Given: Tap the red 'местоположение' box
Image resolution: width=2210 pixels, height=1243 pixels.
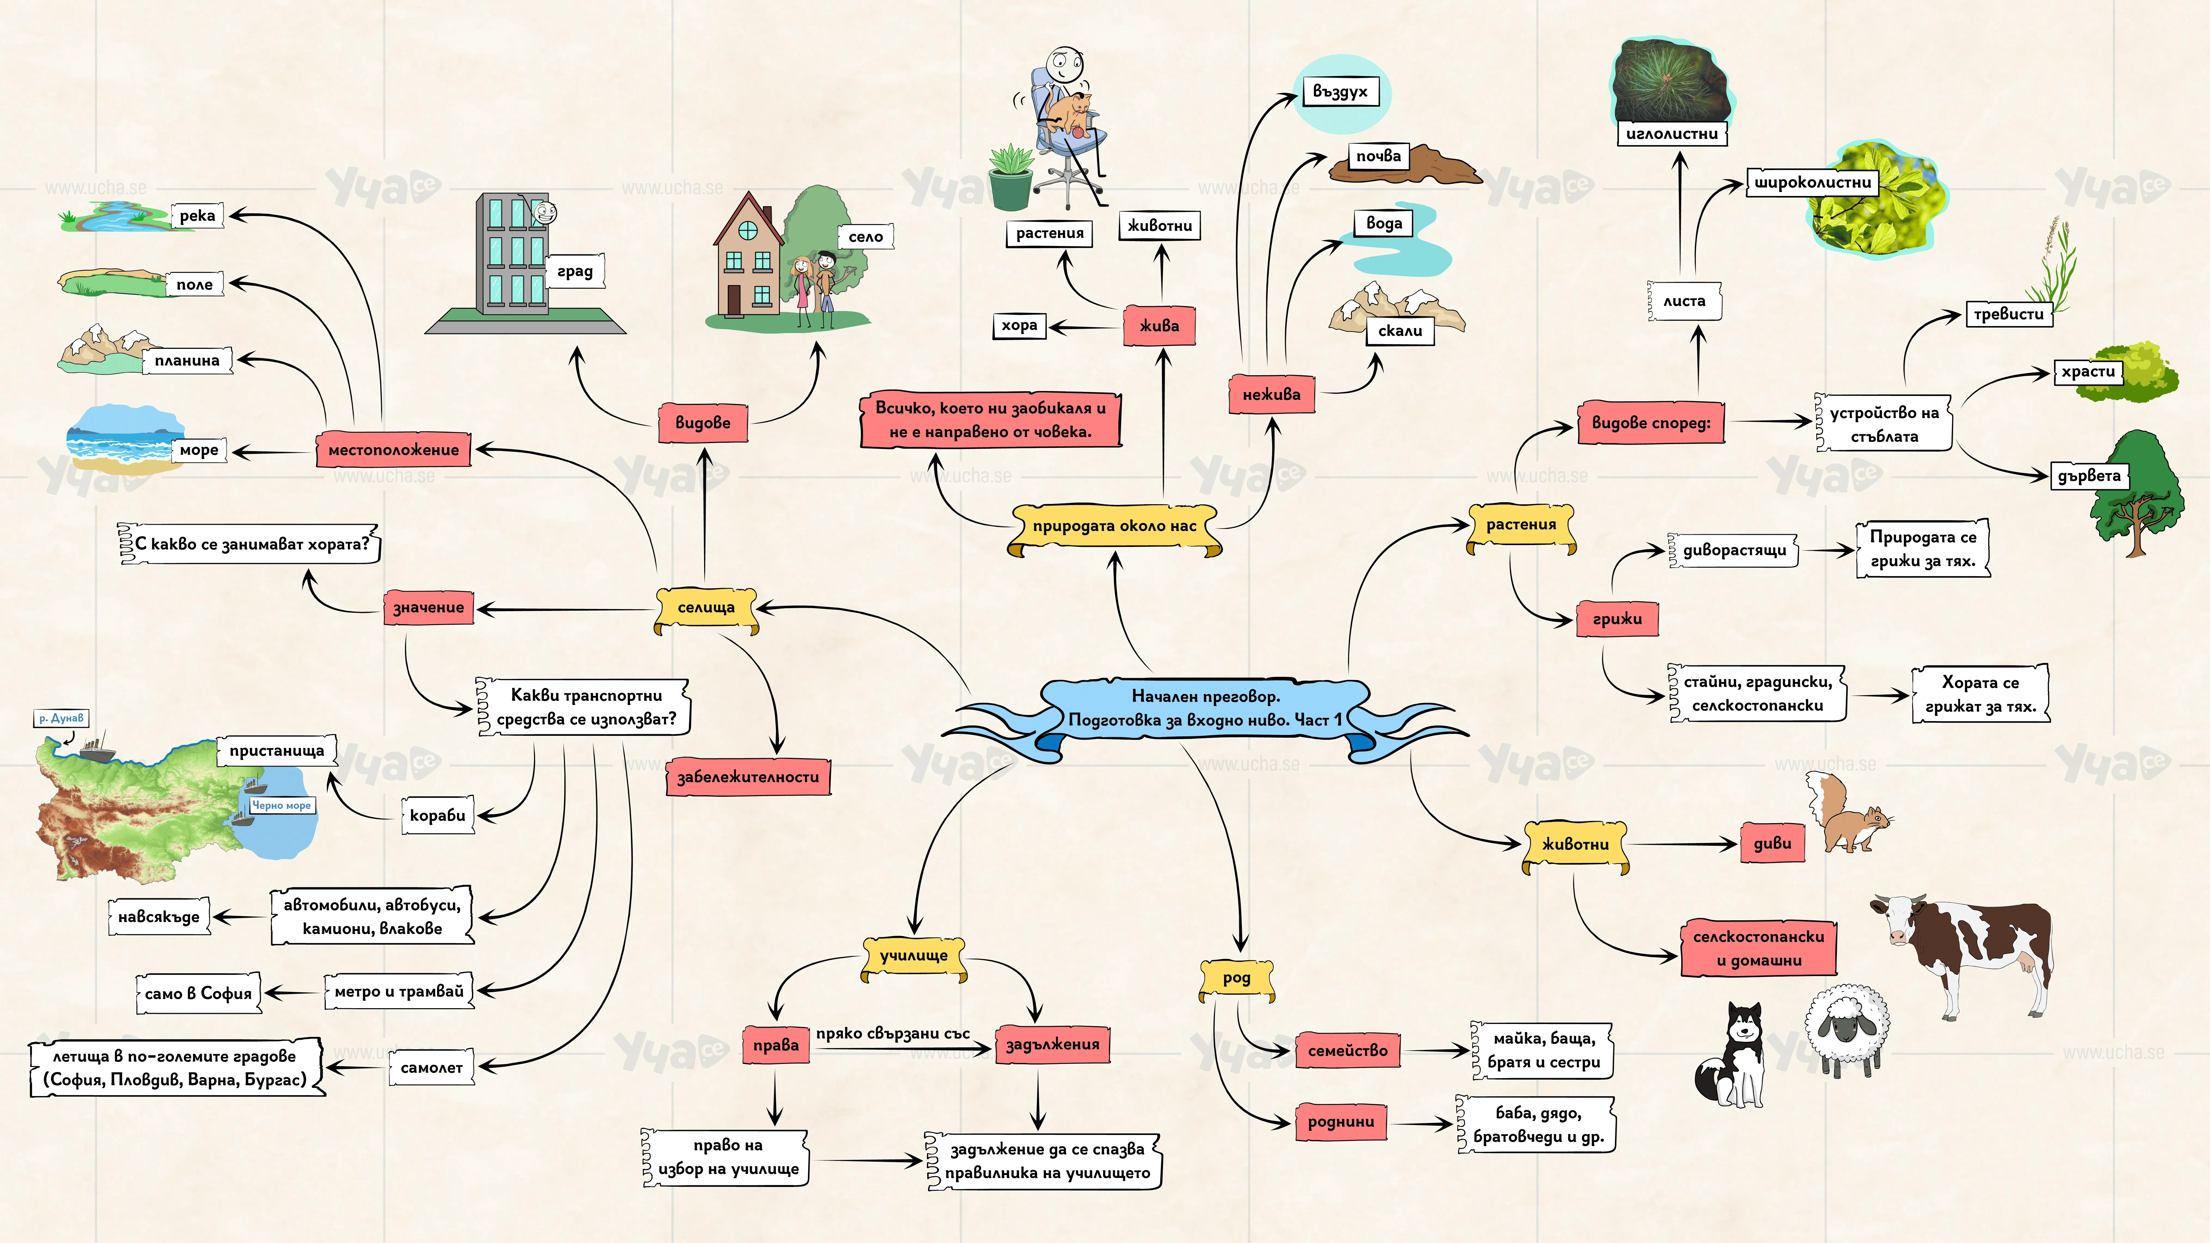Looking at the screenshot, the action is coord(394,450).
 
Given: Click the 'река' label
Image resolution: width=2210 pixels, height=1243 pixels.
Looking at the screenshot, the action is coord(197,215).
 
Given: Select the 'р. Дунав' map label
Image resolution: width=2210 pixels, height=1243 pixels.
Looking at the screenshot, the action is coord(61,718).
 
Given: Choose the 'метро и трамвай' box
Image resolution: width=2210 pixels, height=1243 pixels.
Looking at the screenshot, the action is coord(399,992).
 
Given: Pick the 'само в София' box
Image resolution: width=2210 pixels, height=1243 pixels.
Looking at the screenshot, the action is coord(198,993).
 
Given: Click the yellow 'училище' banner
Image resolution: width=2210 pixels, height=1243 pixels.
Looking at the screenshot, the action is coord(914,956).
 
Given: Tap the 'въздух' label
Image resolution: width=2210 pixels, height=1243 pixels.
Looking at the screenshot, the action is coord(1340,92).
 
